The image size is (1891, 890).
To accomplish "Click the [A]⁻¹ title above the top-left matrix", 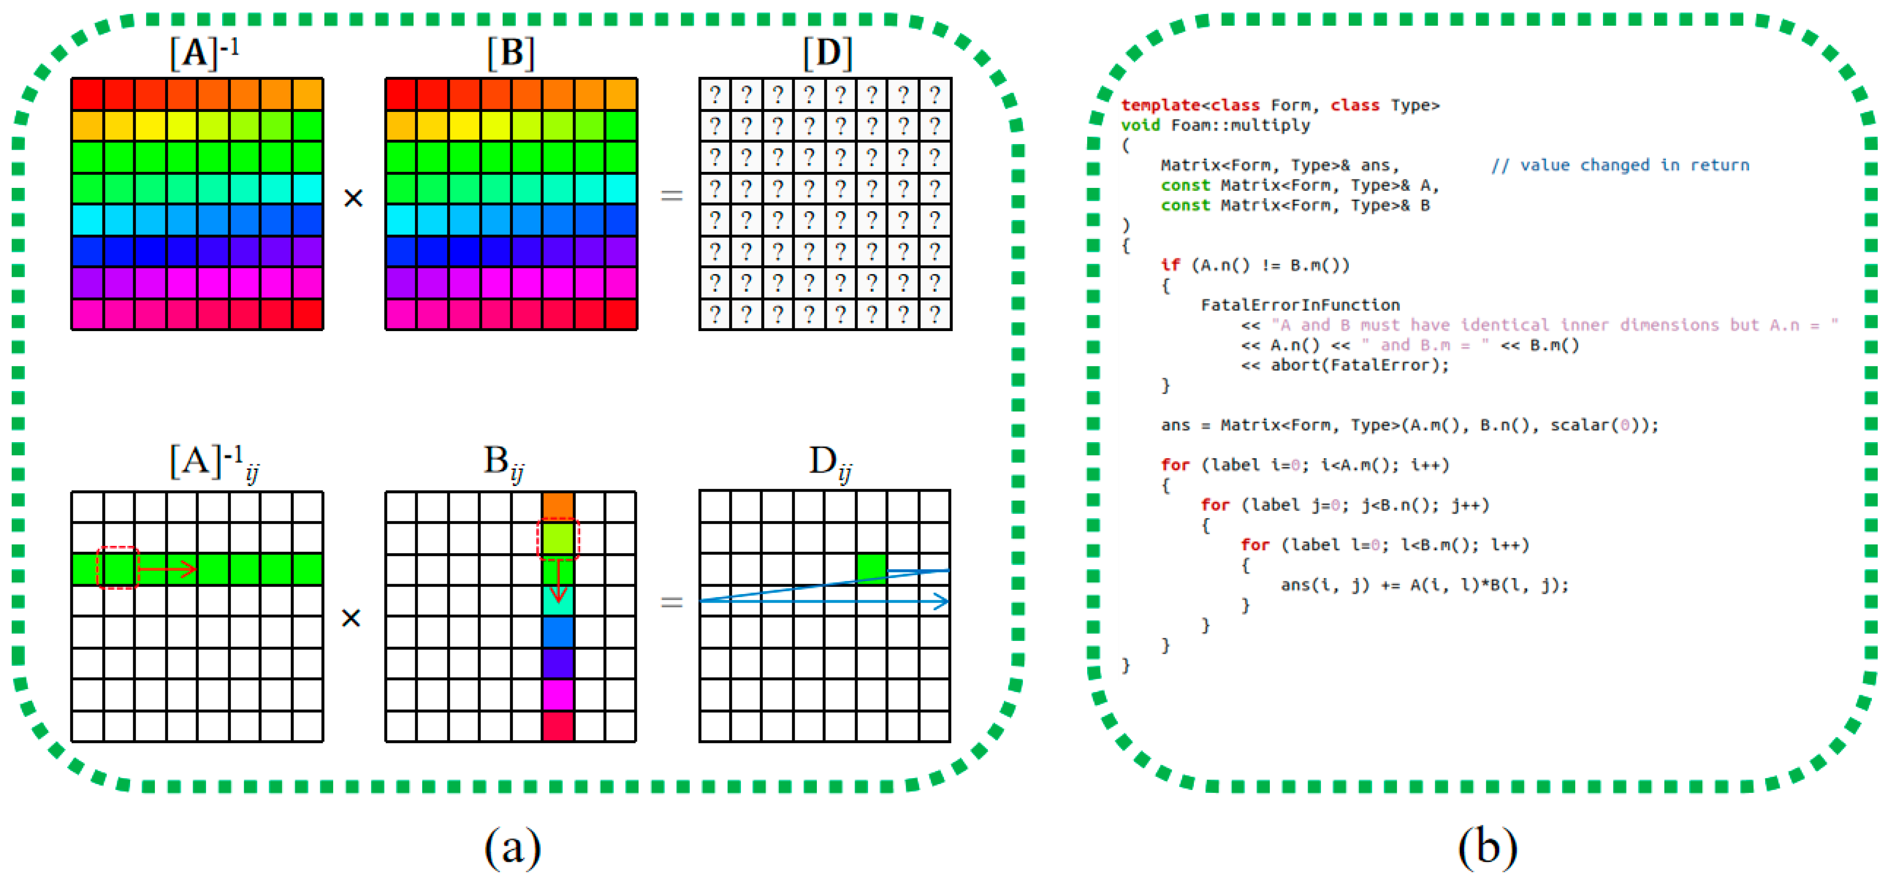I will [x=204, y=53].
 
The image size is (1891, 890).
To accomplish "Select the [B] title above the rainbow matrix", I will [x=511, y=53].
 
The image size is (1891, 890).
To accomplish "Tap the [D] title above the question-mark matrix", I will [x=827, y=53].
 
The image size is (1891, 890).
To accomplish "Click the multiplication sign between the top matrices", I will [x=353, y=198].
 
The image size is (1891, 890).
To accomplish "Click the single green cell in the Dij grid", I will [x=872, y=568].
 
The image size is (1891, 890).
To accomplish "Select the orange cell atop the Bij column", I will [x=558, y=506].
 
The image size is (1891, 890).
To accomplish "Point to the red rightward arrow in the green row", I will [x=168, y=569].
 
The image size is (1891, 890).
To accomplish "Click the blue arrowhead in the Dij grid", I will [x=941, y=602].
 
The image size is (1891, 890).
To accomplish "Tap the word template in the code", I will [x=1160, y=106].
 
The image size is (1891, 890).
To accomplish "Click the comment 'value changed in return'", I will [x=1620, y=165].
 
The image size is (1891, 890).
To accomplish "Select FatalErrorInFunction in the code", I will [x=1300, y=305].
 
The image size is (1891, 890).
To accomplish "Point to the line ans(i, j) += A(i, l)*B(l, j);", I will [x=1424, y=585].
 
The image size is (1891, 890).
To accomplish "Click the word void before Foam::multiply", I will [x=1140, y=125].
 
